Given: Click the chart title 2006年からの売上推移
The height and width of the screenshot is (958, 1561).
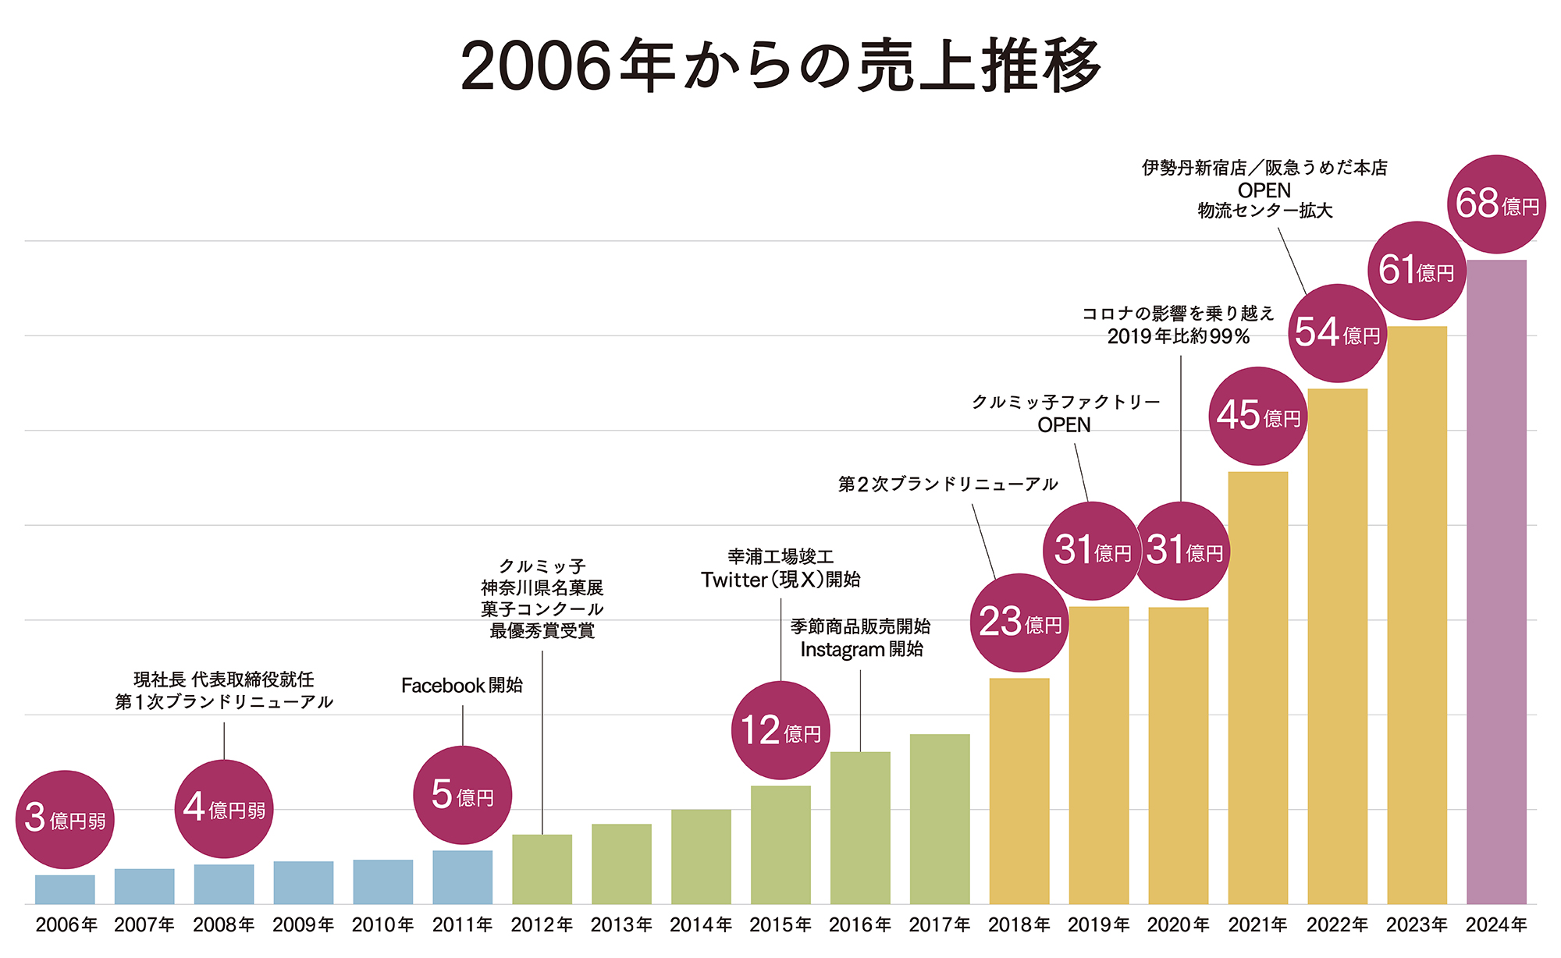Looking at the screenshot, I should (780, 66).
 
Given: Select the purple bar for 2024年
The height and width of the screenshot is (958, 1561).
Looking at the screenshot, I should (1496, 581).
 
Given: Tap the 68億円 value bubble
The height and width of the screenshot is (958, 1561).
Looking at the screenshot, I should (1496, 204).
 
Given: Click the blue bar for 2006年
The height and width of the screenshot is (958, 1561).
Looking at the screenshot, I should (65, 889).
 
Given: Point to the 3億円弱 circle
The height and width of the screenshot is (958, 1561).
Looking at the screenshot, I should (65, 819).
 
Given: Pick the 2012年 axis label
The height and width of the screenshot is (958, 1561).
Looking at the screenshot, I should (542, 925).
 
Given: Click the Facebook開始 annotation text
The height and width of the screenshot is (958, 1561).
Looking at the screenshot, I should (462, 686).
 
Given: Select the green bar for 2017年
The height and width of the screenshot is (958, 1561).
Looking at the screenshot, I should (940, 819).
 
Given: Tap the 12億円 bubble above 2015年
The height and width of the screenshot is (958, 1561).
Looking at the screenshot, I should (780, 730).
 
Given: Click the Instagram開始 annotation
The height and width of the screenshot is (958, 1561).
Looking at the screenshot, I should (862, 649).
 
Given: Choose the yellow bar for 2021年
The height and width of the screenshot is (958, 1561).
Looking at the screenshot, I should (1257, 687).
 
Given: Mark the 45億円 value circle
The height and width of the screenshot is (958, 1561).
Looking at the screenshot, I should (1257, 416).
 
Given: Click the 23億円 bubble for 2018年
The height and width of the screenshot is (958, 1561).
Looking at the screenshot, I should (1019, 623).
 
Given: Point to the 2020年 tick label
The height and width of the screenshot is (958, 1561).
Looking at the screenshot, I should (1178, 925).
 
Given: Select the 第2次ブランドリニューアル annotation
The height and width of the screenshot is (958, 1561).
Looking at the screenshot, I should (948, 484).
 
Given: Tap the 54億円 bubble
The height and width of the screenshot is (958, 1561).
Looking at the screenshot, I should (1337, 333).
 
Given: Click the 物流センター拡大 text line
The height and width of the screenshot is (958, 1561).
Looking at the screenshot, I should (1265, 211).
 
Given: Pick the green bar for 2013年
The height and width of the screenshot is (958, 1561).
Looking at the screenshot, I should (621, 864).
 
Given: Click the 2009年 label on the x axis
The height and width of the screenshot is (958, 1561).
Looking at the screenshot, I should (303, 925).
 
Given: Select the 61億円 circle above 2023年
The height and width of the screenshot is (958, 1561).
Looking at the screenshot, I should (1417, 271).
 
